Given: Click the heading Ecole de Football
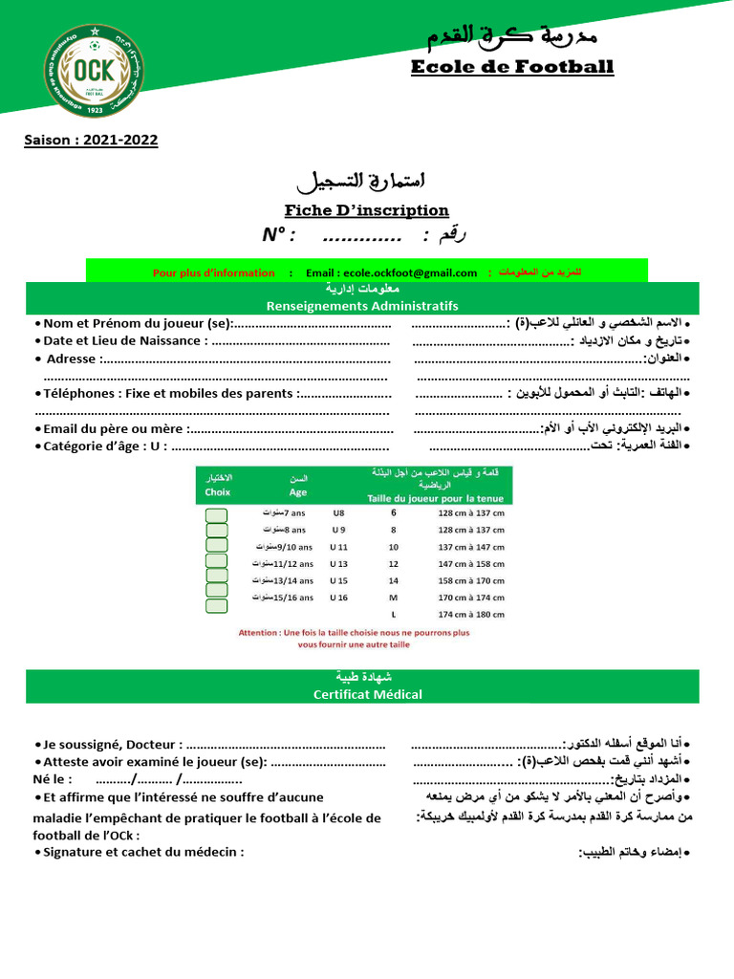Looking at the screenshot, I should (x=511, y=67).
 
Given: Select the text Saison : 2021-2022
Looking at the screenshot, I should (x=91, y=141).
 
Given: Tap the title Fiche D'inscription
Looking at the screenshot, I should (x=366, y=210).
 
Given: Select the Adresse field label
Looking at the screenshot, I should (x=72, y=359).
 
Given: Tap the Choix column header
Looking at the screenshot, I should (x=218, y=491).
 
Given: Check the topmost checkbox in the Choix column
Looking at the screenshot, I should (x=217, y=516).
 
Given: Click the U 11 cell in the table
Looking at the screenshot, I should (x=338, y=547).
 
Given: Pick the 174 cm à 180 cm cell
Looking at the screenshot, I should (x=470, y=615).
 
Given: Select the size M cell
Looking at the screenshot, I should (x=393, y=598).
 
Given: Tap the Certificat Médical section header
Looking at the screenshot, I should (x=367, y=694).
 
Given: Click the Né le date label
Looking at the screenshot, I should (x=53, y=779).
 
